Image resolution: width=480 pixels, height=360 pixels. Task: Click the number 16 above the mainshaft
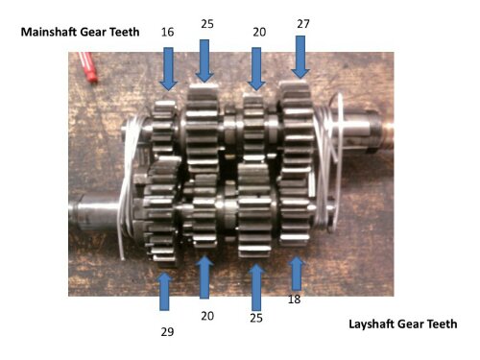[167, 32]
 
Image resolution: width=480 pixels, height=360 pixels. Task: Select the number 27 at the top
[303, 24]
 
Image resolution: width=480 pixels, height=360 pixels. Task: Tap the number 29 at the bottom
[167, 332]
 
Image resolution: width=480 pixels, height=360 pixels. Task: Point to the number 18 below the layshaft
[295, 300]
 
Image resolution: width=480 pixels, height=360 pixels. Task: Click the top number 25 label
[207, 24]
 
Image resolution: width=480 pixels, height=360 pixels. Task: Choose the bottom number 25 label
[256, 318]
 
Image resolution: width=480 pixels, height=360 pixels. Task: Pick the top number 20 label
[259, 32]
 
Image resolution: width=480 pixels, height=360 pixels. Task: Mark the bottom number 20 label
[207, 316]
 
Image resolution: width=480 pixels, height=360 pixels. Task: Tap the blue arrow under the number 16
[168, 69]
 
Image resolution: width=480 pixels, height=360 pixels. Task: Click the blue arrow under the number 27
[300, 57]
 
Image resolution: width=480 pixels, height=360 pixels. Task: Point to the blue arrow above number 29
[164, 292]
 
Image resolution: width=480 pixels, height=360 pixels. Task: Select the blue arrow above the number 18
[297, 273]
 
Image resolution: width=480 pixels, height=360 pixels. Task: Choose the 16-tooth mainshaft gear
[164, 128]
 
